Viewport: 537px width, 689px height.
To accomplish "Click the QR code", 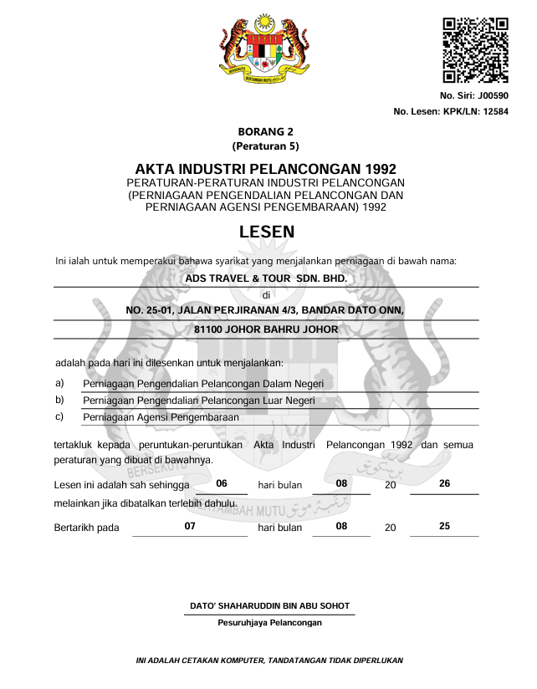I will (x=475, y=50).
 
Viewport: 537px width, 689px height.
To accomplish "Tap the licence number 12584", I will (x=492, y=112).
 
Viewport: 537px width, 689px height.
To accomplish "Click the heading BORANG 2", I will (x=265, y=131).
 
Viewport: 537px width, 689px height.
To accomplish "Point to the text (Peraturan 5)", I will (x=265, y=145).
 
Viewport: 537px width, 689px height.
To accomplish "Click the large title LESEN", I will (x=266, y=232).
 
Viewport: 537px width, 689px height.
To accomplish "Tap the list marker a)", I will (x=59, y=383).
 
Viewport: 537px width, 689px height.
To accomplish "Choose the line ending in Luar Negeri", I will (x=199, y=401).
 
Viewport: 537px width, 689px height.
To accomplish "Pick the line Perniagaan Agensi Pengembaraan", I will (x=161, y=416).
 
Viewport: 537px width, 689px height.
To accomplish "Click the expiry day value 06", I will (x=222, y=483).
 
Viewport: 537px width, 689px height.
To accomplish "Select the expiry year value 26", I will (x=444, y=483).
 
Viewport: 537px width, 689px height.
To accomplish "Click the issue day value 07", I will (x=190, y=526).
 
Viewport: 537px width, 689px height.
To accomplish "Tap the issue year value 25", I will (x=444, y=526).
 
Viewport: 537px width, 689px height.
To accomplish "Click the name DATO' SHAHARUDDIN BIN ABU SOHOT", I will (x=269, y=605).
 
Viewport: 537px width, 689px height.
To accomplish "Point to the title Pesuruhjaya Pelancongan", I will (x=269, y=622).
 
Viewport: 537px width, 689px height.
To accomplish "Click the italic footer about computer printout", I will (x=269, y=661).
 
